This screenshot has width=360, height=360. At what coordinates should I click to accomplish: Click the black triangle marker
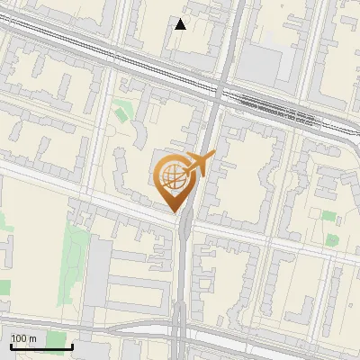181,24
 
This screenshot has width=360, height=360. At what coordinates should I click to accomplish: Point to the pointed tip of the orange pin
174,212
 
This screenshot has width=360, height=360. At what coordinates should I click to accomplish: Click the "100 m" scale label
24,337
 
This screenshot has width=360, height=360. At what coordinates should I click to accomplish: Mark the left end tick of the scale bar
10,346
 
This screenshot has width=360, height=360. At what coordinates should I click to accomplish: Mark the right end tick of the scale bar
73,346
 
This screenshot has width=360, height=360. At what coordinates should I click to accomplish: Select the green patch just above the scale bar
4,287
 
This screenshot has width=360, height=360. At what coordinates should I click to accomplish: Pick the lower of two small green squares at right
332,239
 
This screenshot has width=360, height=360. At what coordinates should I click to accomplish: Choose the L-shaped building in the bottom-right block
310,297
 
